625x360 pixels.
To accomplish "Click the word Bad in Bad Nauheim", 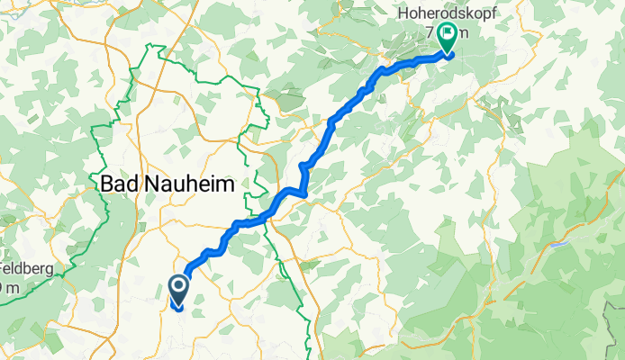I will pos(119,184).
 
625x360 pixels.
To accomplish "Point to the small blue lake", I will pos(560,243).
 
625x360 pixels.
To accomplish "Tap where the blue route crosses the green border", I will pos(270,212).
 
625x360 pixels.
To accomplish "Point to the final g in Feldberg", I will pos(33,271).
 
